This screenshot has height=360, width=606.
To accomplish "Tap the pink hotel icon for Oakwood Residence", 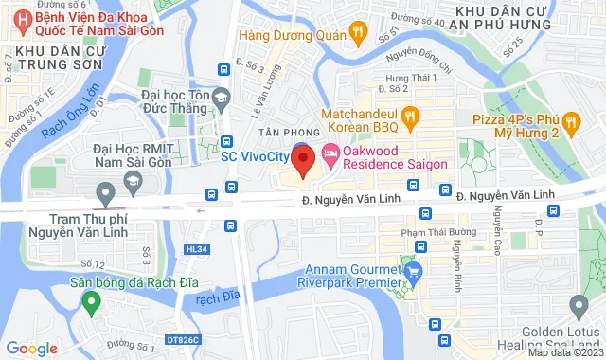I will pyautogui.click(x=330, y=152).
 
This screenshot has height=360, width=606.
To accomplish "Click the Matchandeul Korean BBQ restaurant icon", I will pyautogui.click(x=410, y=118).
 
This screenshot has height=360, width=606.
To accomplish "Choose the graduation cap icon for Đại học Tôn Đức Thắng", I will pyautogui.click(x=221, y=96).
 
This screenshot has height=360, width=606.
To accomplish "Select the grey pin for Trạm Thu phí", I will pyautogui.click(x=105, y=195).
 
